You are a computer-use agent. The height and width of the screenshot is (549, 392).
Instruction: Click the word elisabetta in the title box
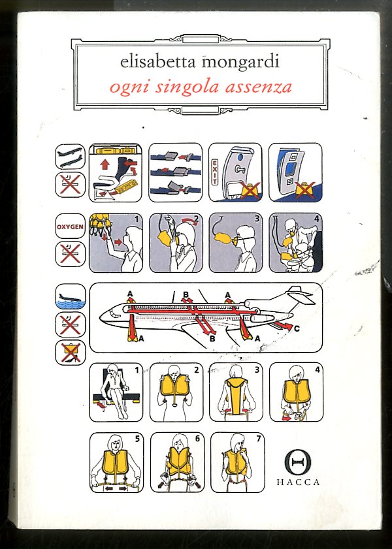tap(158, 61)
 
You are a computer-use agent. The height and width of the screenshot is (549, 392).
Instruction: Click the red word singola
tap(187, 87)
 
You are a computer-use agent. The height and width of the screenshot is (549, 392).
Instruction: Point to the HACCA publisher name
tap(298, 482)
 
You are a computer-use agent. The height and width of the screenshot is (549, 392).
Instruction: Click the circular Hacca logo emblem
tap(298, 462)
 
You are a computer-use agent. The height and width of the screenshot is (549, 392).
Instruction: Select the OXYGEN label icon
tap(70, 226)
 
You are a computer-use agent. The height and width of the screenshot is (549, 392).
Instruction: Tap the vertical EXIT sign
tap(214, 172)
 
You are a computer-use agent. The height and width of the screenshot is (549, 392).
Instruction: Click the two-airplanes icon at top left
tap(70, 157)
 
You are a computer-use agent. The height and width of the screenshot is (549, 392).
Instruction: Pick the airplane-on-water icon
tap(70, 296)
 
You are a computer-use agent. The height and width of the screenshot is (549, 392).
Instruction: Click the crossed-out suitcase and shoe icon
tap(70, 353)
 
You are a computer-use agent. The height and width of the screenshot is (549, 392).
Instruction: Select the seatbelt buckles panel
tap(176, 172)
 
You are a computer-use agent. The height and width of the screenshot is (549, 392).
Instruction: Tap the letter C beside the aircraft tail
tap(297, 329)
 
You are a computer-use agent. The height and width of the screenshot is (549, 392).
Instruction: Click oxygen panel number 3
tap(235, 243)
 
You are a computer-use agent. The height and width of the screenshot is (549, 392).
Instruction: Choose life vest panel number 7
tap(238, 462)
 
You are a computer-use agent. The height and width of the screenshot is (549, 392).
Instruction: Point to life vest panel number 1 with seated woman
tap(116, 392)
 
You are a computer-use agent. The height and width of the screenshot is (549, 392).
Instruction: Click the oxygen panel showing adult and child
tap(296, 243)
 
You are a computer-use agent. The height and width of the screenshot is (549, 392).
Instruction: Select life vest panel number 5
tap(116, 462)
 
